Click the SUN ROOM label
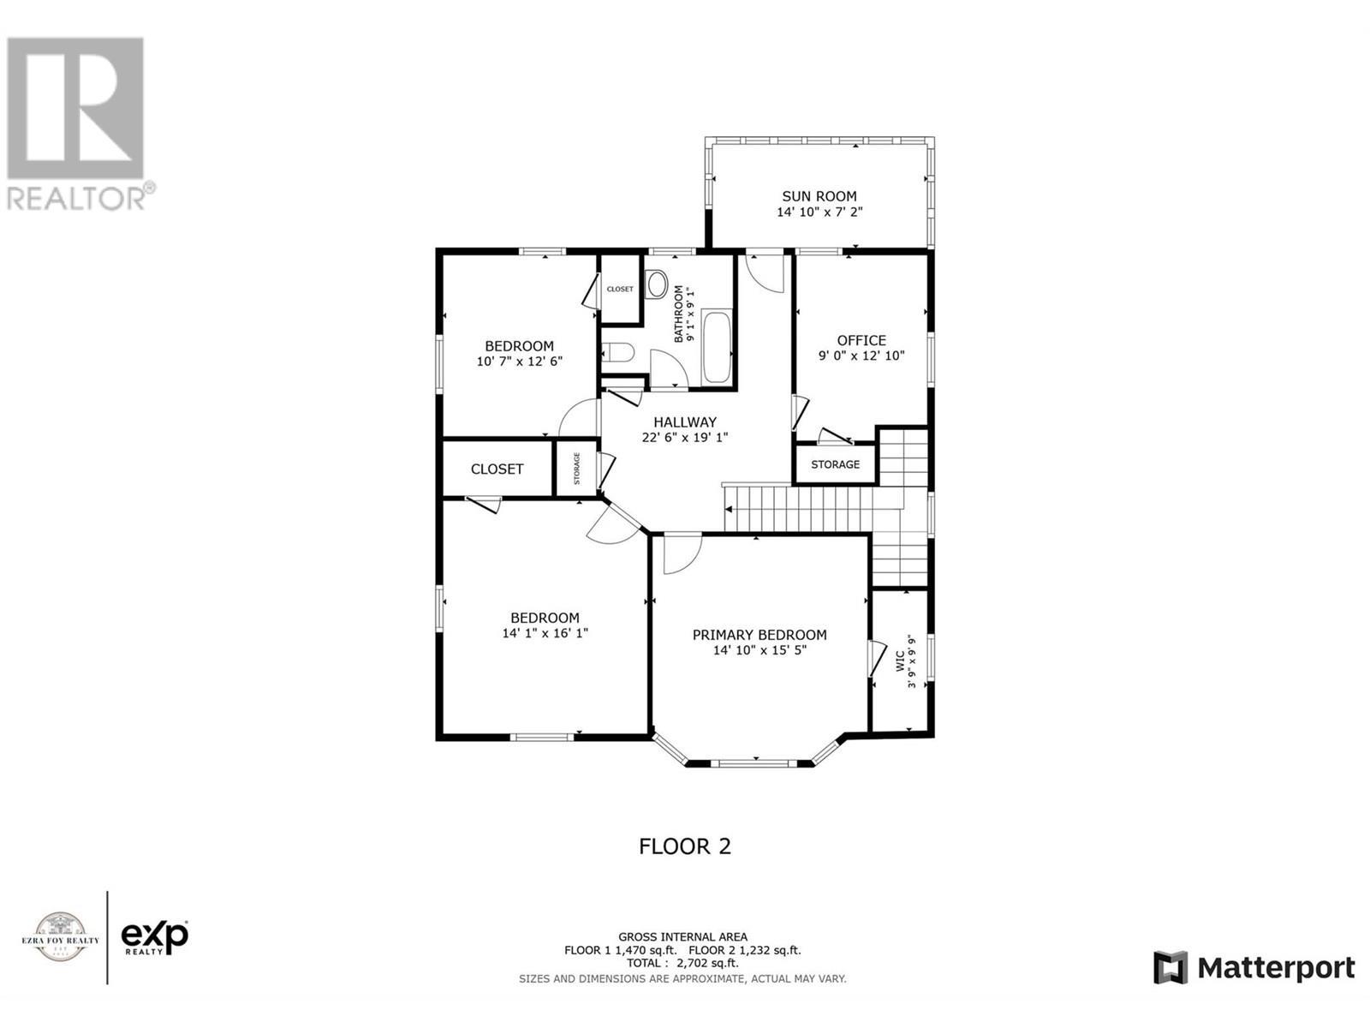coord(819,196)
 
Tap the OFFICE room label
coord(861,341)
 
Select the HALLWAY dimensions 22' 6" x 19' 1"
coord(685,437)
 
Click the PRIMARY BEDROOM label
coord(759,635)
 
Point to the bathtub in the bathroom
coord(716,348)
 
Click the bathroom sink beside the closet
coord(657,284)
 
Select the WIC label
coord(900,660)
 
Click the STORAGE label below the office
coord(835,464)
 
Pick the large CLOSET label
coord(497,469)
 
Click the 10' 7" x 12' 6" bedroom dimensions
coord(519,362)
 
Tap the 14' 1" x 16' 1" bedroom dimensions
coord(545,633)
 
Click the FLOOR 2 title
coord(685,846)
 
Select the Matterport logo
coord(1254,968)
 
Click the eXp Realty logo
coord(154,937)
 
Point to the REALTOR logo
coord(77,124)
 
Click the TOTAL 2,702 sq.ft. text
coord(682,963)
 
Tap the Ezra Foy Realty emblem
coord(60,937)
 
